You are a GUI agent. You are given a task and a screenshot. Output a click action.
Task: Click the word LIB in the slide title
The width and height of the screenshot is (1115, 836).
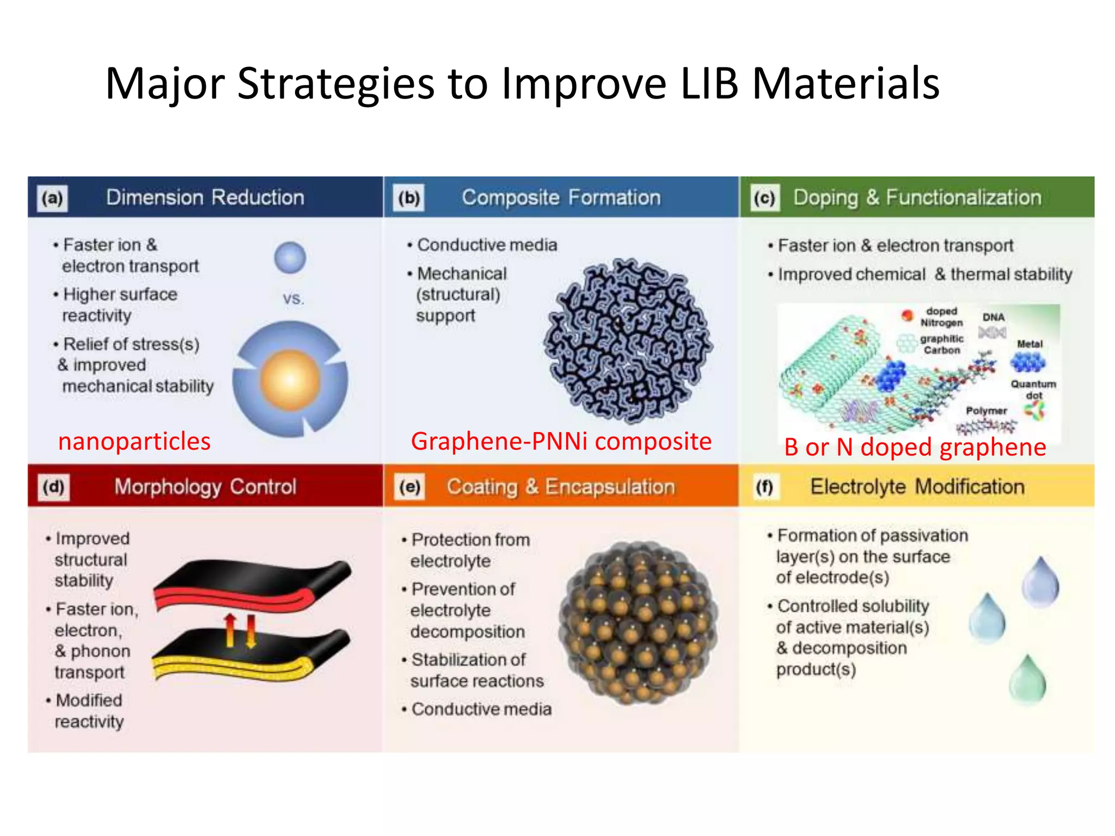pyautogui.click(x=709, y=84)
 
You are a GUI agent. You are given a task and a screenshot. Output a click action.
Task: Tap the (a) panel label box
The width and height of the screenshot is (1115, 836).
pyautogui.click(x=52, y=198)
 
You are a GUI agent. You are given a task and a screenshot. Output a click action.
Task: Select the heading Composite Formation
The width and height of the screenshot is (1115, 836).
pyautogui.click(x=561, y=198)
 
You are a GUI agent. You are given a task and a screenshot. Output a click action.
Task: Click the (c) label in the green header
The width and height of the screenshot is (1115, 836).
pyautogui.click(x=764, y=198)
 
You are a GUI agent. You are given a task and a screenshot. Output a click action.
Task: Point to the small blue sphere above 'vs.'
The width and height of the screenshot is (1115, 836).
pyautogui.click(x=290, y=257)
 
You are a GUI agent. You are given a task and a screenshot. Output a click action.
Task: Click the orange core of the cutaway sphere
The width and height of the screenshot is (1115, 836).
pyautogui.click(x=290, y=379)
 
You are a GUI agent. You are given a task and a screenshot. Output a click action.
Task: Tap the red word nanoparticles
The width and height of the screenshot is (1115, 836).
pyautogui.click(x=134, y=441)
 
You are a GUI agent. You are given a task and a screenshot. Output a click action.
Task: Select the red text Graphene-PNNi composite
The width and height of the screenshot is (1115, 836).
pyautogui.click(x=561, y=441)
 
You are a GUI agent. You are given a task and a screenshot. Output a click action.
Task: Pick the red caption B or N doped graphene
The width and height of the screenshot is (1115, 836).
pyautogui.click(x=915, y=447)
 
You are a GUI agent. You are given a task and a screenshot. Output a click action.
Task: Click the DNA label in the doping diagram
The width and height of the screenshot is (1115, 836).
pyautogui.click(x=993, y=317)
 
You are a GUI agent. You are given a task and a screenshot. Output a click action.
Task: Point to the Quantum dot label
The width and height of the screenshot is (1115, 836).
pyautogui.click(x=1033, y=389)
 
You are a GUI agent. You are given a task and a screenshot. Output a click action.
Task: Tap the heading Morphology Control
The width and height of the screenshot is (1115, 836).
pyautogui.click(x=205, y=487)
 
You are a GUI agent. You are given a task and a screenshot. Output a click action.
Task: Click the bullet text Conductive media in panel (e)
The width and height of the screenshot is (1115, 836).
pyautogui.click(x=481, y=709)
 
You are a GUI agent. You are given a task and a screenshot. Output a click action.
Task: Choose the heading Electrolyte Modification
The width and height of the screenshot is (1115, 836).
pyautogui.click(x=917, y=487)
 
